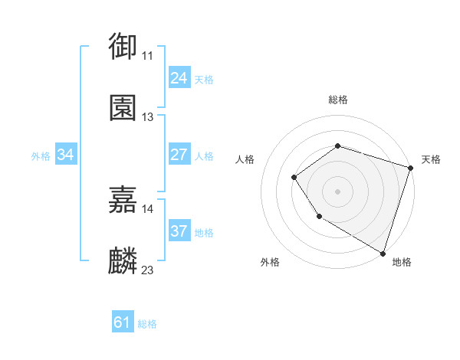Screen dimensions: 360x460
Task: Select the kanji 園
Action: point(123,108)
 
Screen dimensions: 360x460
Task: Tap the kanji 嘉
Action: point(123,199)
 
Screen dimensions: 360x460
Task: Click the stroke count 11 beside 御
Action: point(147,56)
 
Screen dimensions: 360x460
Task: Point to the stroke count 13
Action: point(147,117)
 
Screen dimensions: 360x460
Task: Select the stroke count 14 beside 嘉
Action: point(147,208)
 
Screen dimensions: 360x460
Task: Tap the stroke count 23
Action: point(147,270)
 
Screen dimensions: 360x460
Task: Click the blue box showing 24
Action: point(179,78)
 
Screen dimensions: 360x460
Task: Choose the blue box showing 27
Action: point(179,155)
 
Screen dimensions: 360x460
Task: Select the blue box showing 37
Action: point(179,231)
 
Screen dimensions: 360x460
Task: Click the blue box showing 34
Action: point(66,155)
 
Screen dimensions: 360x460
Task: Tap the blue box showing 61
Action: point(123,322)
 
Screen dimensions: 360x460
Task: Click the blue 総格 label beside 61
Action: point(147,324)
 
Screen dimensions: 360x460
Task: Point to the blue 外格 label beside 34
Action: point(41,156)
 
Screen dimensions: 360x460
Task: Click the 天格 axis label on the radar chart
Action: point(431,159)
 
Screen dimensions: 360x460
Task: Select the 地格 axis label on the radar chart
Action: point(402,262)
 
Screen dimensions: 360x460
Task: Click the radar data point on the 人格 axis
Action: point(294,178)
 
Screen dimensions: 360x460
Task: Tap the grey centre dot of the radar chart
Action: point(337,191)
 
